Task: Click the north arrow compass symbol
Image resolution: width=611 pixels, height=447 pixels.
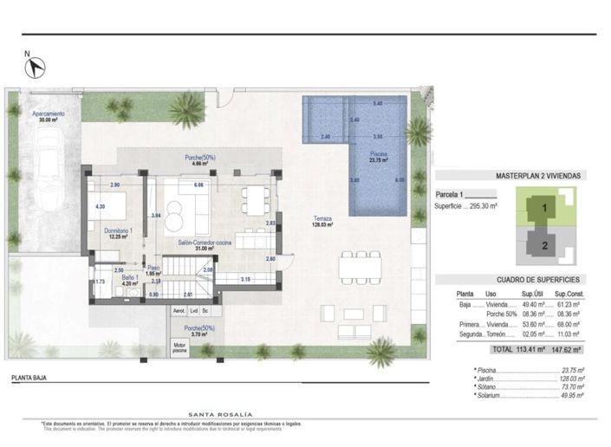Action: (36, 64)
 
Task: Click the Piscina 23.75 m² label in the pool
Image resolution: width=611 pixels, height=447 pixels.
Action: (379, 157)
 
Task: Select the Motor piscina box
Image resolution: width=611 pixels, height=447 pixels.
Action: (179, 347)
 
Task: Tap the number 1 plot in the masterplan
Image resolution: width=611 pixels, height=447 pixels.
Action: (544, 208)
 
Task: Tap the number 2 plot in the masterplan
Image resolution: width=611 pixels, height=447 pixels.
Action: (544, 244)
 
